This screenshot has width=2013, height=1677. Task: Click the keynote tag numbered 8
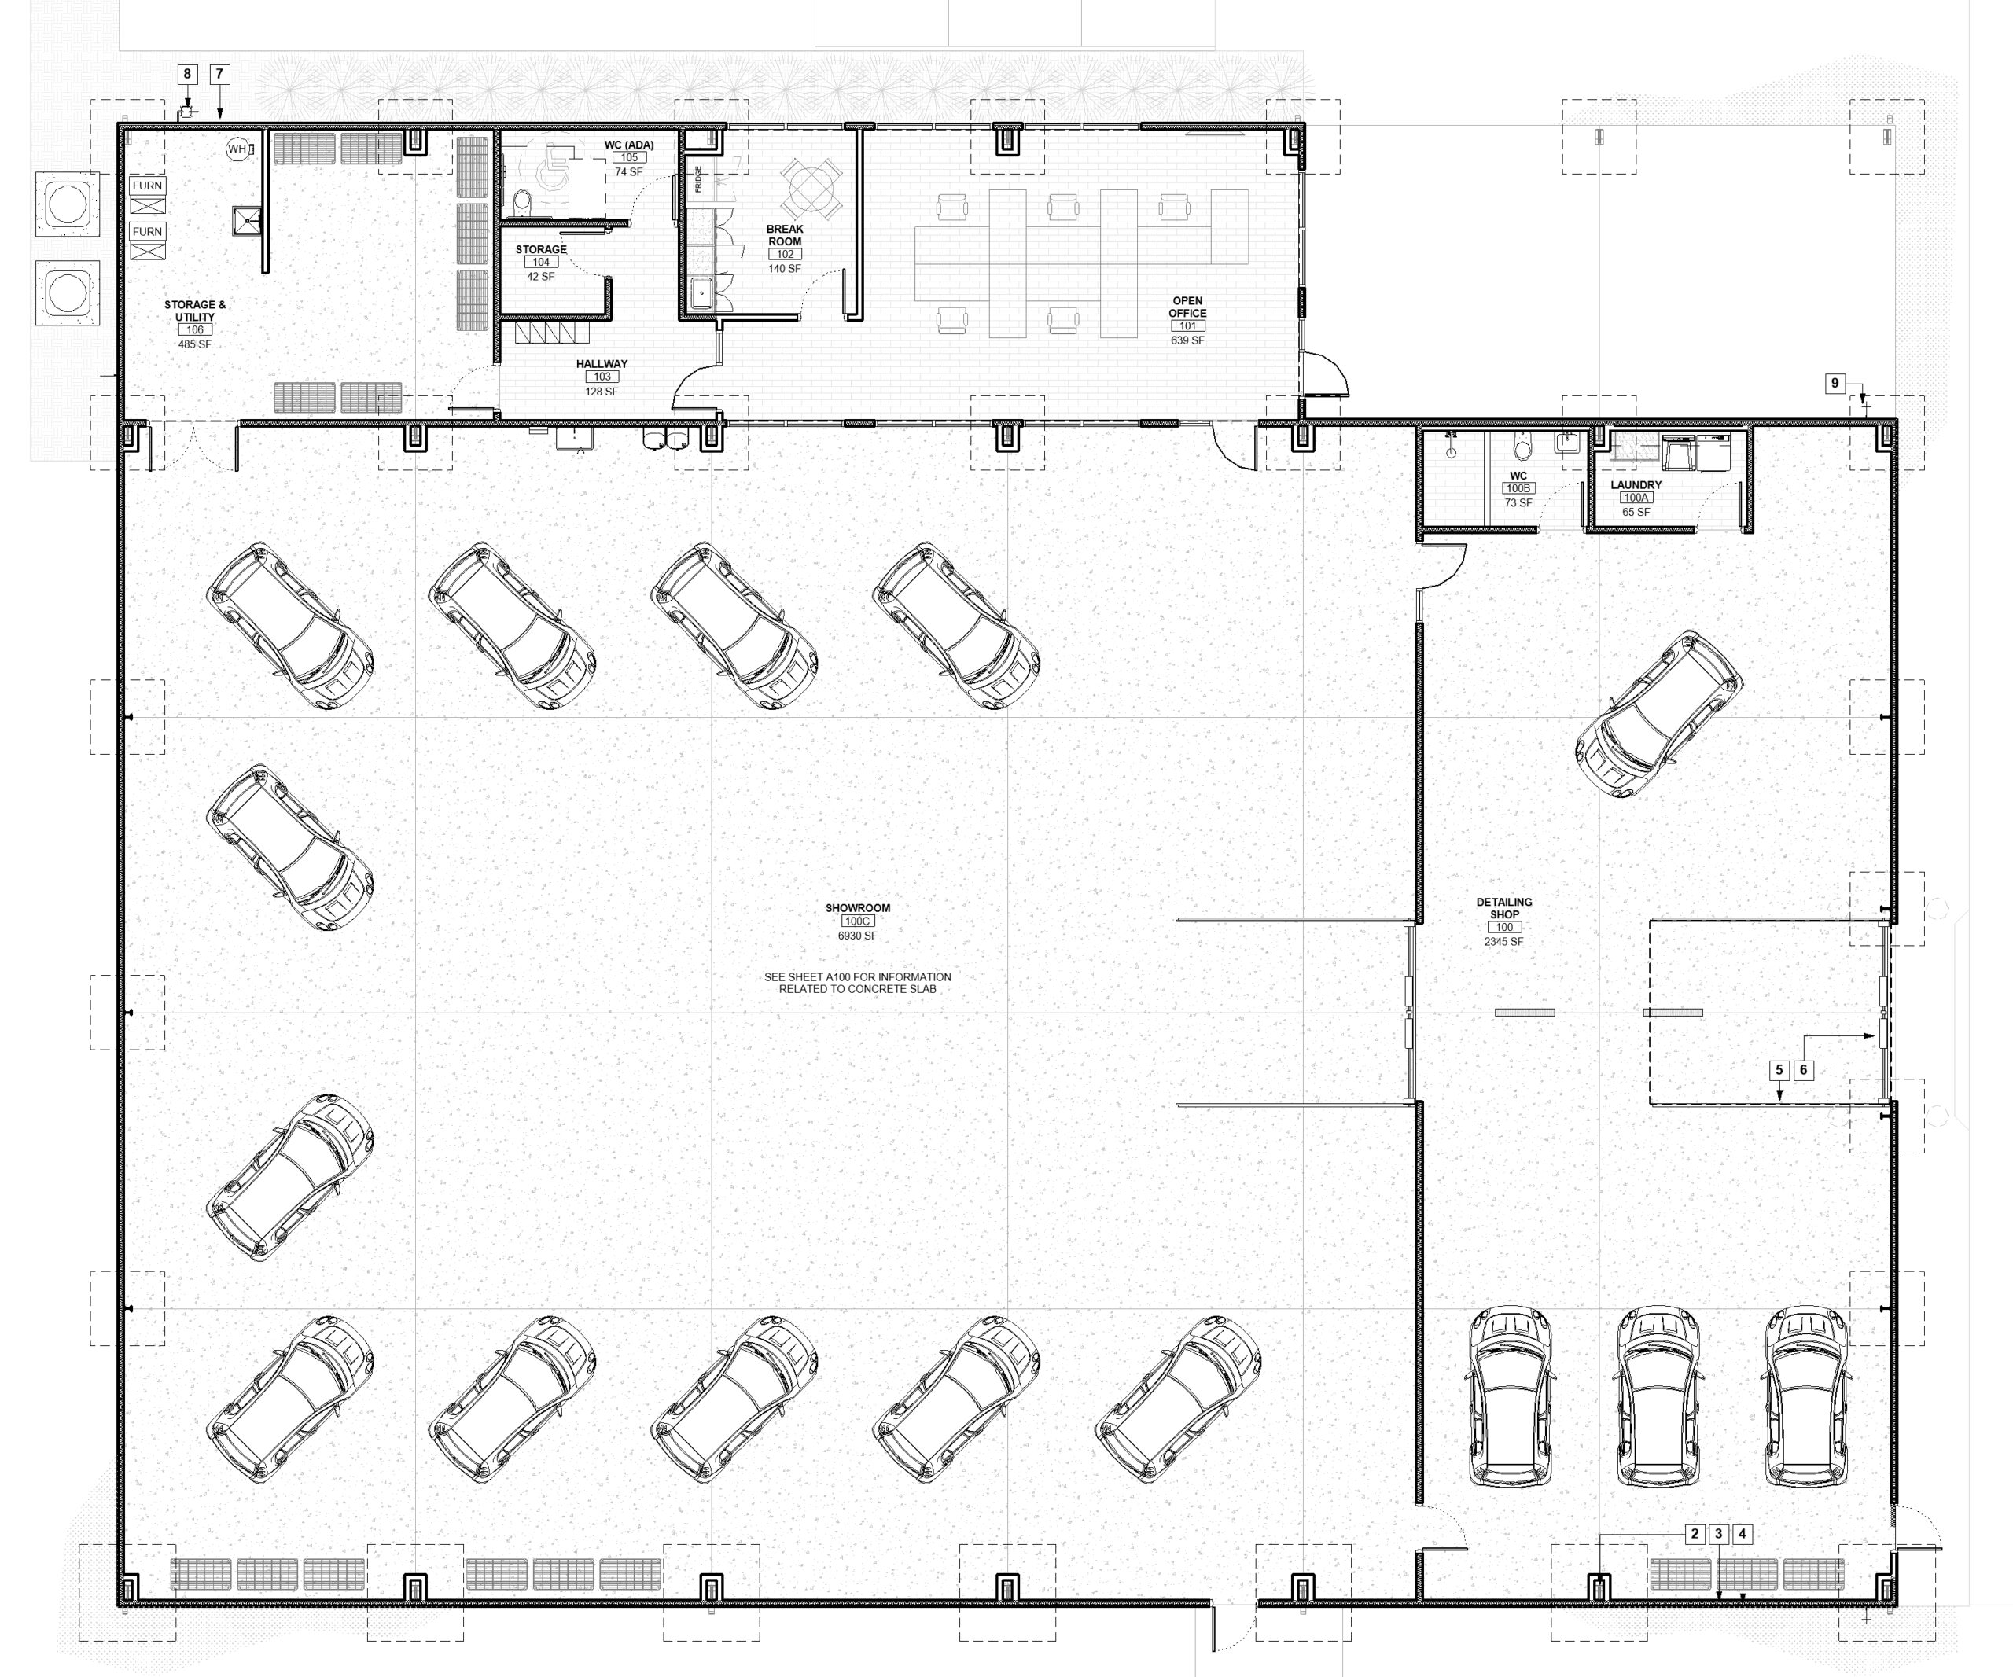tap(187, 74)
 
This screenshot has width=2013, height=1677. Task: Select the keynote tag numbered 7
tap(219, 74)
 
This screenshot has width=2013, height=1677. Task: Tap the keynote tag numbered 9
tap(1835, 384)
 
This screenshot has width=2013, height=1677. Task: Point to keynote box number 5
tap(1780, 1070)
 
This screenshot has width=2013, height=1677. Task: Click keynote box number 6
tap(1804, 1070)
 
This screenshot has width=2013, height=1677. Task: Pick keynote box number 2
tap(1695, 1534)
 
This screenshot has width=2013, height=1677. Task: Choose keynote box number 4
tap(1743, 1534)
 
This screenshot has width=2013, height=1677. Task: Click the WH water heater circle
tap(237, 149)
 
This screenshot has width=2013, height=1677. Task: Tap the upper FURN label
tap(148, 186)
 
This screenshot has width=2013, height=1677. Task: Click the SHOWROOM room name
tap(858, 908)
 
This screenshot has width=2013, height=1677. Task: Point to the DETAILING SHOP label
tap(1504, 908)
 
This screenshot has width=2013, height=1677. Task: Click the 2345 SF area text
tap(1504, 942)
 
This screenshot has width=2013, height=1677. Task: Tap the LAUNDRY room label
tap(1636, 485)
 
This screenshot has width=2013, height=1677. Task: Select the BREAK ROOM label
tap(785, 236)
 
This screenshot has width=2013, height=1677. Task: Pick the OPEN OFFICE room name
tap(1187, 307)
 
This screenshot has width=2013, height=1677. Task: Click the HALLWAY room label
tap(602, 364)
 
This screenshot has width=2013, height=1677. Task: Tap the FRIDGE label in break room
tap(699, 179)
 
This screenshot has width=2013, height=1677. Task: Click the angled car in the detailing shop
tap(1659, 714)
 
